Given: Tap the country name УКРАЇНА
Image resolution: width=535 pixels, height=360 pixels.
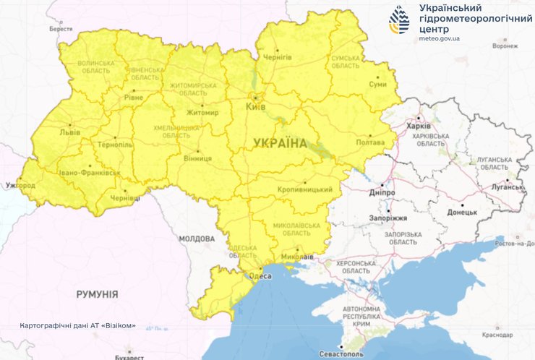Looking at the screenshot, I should [280, 143].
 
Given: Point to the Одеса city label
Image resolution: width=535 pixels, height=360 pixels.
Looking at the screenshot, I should [260, 276].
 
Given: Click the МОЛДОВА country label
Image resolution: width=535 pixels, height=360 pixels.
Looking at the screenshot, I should [196, 239].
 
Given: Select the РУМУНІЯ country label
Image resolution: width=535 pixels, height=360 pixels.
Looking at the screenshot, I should [97, 294].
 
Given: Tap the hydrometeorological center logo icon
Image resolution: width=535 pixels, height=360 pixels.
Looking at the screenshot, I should [399, 20].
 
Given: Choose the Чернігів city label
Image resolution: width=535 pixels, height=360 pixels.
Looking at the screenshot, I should [277, 56].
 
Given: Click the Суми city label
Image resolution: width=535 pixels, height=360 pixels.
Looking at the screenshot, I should [377, 84].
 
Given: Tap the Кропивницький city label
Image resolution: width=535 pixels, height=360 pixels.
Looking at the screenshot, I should [304, 189].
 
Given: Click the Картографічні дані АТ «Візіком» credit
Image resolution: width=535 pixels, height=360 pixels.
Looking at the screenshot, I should [78, 325].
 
